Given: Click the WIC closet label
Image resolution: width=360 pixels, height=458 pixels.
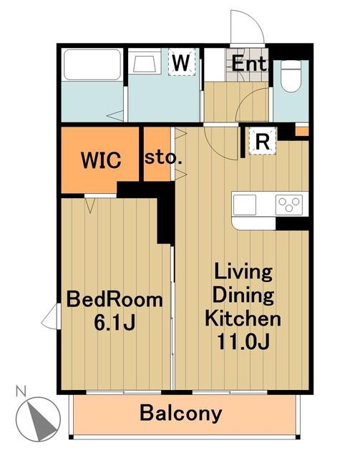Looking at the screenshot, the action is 101,160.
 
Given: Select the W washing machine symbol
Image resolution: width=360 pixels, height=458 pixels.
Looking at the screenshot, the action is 181,62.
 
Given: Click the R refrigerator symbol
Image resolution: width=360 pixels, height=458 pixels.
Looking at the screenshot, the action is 262,141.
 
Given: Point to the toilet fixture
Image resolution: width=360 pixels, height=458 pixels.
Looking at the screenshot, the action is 291,77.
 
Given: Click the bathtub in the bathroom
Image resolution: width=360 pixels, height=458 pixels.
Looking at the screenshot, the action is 92,64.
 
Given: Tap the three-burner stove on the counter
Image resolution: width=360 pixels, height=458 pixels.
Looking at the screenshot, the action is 289,205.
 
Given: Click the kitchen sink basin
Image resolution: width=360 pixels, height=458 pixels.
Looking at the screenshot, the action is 245,205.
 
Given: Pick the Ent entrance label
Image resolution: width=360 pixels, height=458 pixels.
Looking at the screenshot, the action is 249,64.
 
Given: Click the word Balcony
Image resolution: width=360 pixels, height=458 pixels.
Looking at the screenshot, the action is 181,414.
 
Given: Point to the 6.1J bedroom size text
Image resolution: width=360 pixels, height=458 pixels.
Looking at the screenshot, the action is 115,322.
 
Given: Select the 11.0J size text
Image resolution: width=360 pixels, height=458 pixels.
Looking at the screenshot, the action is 243,341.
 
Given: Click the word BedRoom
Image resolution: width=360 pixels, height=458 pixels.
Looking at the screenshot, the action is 115,299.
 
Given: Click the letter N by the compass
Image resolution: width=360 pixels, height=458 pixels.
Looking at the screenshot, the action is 21,391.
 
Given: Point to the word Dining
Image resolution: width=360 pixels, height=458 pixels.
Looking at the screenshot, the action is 243,295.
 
